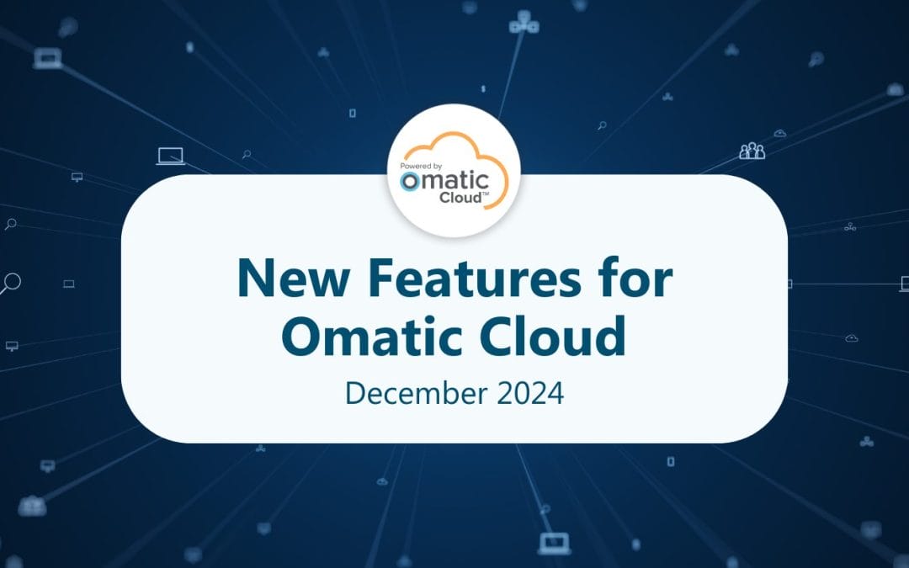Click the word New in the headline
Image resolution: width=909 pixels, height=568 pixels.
283,279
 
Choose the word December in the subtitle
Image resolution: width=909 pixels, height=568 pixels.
404,392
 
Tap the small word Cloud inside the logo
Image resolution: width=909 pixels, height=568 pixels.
460,198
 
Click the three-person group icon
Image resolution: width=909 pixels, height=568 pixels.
752,151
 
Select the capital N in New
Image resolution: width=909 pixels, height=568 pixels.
254,279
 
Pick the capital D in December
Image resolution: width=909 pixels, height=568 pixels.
355,392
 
